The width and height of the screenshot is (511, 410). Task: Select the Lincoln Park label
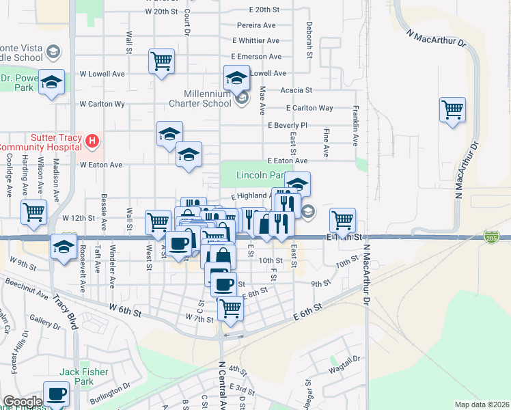click(x=260, y=176)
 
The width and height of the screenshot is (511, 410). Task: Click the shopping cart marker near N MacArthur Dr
click(x=453, y=109)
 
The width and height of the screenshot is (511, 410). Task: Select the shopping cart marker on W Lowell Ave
click(x=161, y=61)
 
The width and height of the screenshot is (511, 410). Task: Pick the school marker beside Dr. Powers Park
click(x=51, y=83)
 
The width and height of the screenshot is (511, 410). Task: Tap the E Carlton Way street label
click(x=309, y=108)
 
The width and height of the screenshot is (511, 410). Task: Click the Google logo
click(x=23, y=402)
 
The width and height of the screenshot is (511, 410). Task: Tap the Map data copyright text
click(x=482, y=405)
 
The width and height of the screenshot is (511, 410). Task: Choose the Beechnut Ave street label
click(x=27, y=289)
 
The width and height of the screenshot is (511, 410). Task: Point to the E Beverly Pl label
click(x=288, y=126)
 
